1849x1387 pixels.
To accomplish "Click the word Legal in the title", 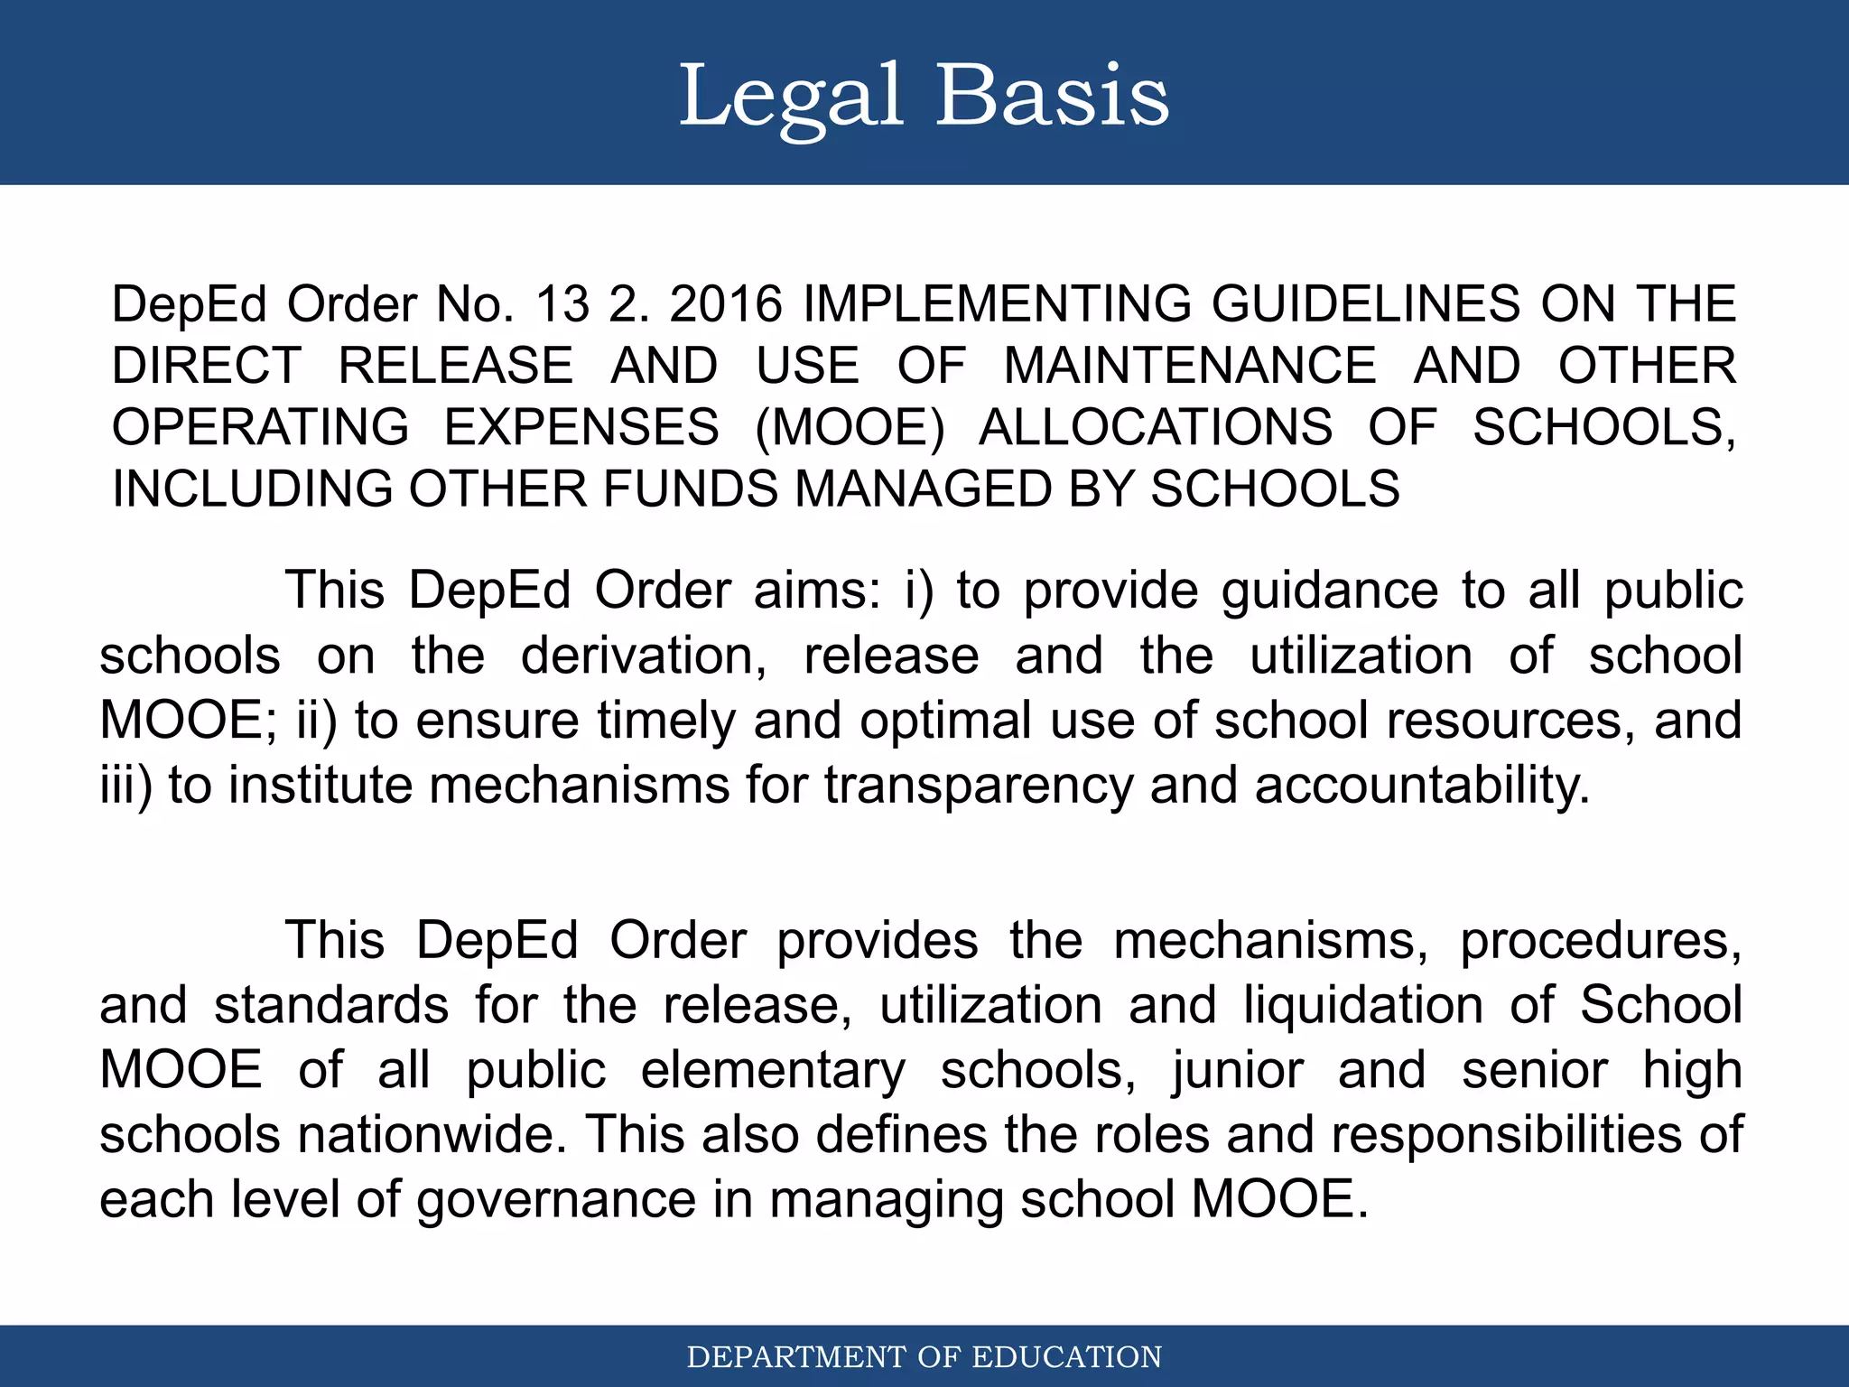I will click(x=790, y=97).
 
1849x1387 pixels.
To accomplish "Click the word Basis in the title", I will click(x=1052, y=97).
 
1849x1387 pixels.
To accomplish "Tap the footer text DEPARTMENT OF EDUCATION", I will click(x=924, y=1357).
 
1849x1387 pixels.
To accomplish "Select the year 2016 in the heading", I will click(x=725, y=304).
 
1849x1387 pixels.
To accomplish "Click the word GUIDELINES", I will click(x=1365, y=304).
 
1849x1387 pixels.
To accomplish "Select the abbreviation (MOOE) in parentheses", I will click(x=850, y=427).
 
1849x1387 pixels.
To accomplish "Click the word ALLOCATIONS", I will click(x=1156, y=427).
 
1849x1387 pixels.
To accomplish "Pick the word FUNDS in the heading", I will click(x=690, y=489).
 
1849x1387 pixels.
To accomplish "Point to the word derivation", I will click(x=644, y=656).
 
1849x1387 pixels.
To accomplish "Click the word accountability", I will click(x=1421, y=786).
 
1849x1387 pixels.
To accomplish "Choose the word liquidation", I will click(x=1362, y=1005).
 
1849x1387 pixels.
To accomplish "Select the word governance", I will click(x=556, y=1201).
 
